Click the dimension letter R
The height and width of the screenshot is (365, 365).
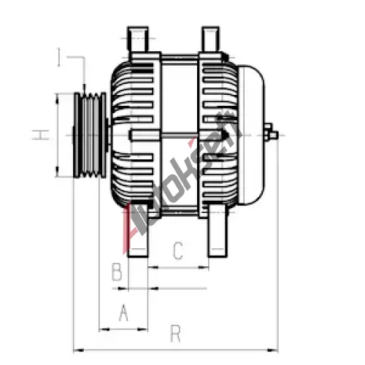(176, 334)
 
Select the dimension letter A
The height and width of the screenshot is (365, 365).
(124, 312)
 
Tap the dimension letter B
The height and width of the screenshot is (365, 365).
(117, 272)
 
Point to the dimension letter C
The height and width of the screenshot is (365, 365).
(178, 250)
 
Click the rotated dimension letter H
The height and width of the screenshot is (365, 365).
(41, 135)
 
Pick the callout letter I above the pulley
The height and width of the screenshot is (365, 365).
(58, 57)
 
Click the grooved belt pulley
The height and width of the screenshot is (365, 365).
(90, 135)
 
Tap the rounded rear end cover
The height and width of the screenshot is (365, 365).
(251, 135)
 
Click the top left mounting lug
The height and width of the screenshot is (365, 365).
(138, 39)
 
